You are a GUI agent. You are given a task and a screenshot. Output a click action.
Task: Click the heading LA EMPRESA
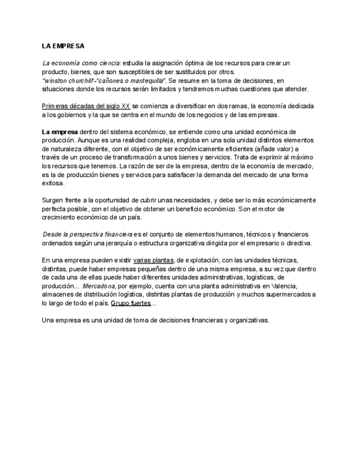63,46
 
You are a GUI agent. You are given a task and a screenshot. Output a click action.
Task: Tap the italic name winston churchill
65,80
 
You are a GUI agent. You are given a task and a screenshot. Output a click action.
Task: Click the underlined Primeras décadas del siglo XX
86,106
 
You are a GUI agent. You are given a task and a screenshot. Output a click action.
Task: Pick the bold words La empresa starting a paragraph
59,132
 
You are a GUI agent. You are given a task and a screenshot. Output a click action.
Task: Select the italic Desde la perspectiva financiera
87,235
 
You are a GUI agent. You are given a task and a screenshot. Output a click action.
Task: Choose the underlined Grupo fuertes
130,303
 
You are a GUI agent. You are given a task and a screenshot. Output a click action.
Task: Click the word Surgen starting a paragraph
53,200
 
